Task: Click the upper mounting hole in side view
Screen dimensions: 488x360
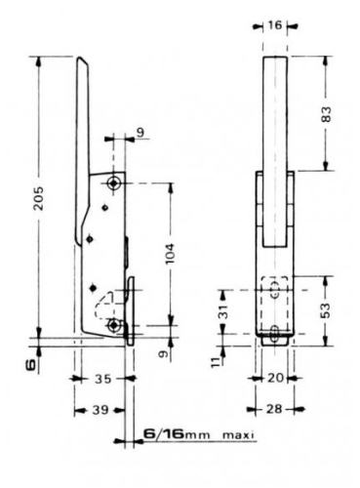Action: (116, 183)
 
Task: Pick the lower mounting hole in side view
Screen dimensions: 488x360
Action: (116, 324)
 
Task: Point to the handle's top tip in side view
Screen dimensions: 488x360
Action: (82, 61)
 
